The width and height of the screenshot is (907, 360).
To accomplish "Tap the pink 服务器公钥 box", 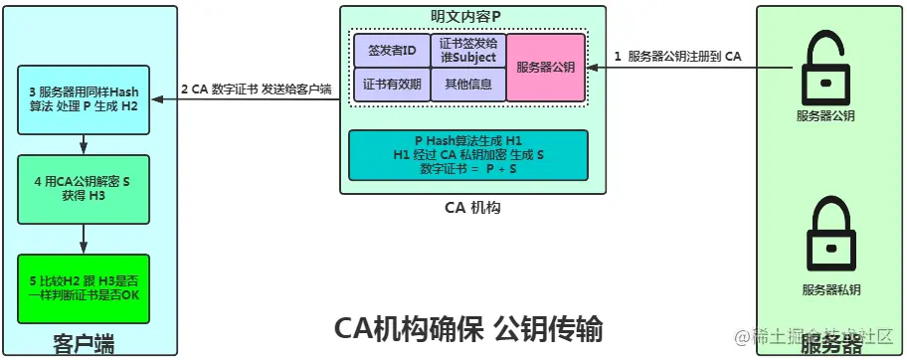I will (545, 68).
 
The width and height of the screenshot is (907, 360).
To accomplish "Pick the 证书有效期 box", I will (392, 85).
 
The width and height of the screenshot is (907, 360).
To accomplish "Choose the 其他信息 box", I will (468, 85).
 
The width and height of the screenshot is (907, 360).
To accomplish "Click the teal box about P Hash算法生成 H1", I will (467, 155).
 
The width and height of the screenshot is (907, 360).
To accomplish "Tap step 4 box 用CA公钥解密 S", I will (84, 190).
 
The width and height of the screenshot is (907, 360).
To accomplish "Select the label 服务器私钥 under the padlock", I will (827, 290).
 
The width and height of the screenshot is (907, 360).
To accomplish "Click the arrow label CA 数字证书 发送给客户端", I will (256, 89).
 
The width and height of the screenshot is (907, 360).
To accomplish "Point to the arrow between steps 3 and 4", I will (84, 145).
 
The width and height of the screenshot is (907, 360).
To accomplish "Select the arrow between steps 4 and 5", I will (84, 236).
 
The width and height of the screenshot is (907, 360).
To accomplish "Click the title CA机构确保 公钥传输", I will (467, 327).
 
